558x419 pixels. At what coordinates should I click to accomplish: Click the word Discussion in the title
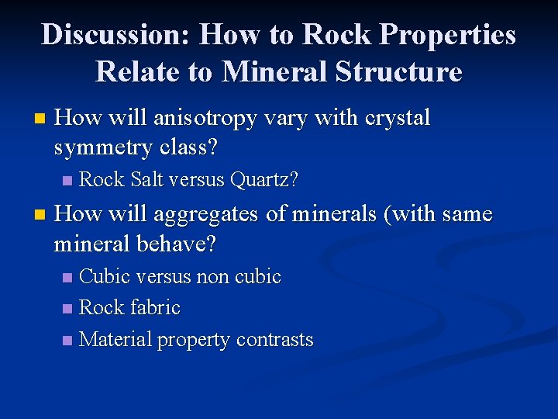click(x=115, y=36)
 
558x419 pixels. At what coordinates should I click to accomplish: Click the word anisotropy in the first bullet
click(x=202, y=119)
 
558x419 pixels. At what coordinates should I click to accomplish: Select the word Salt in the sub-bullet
click(x=146, y=180)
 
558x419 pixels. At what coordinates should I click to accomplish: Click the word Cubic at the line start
click(x=105, y=276)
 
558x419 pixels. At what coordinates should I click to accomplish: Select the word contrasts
click(x=274, y=340)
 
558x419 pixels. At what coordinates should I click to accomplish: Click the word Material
click(x=116, y=340)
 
